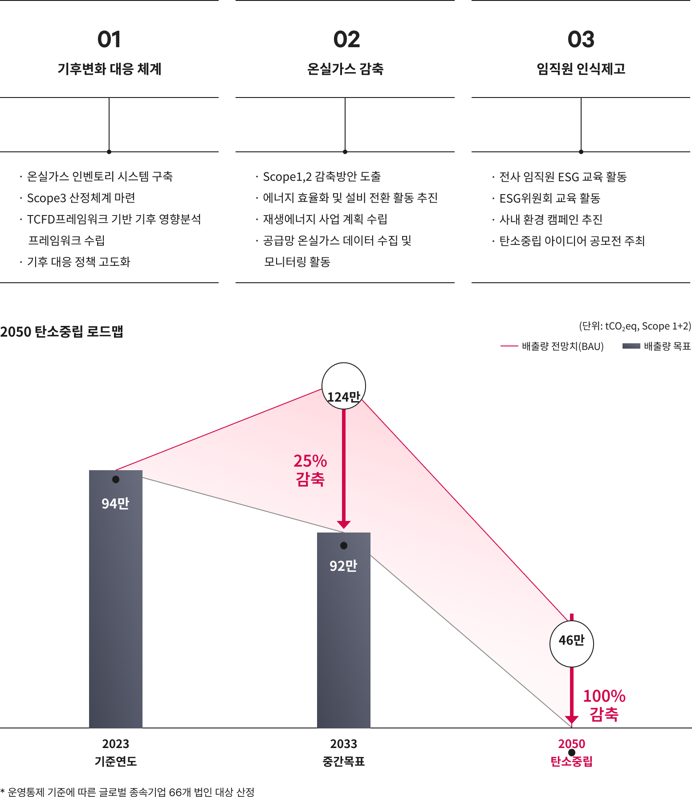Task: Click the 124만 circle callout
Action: [x=344, y=386]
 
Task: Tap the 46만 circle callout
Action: [x=572, y=644]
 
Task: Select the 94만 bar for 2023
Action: [x=116, y=599]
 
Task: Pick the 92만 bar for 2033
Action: [x=344, y=630]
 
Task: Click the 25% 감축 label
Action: [x=310, y=470]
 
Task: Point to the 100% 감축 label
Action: [x=604, y=705]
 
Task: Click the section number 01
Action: [x=109, y=40]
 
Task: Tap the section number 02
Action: [x=346, y=40]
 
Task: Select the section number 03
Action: [x=581, y=40]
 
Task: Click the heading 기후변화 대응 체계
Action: [x=109, y=69]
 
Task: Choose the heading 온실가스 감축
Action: [x=346, y=69]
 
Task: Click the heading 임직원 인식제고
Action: [x=581, y=69]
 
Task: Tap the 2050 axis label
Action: [x=571, y=744]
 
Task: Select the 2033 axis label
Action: [x=343, y=744]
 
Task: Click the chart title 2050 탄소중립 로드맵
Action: [x=61, y=332]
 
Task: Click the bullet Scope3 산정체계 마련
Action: [x=81, y=198]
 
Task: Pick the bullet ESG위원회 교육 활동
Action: [x=550, y=198]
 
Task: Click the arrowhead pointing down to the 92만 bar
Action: [x=344, y=525]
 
